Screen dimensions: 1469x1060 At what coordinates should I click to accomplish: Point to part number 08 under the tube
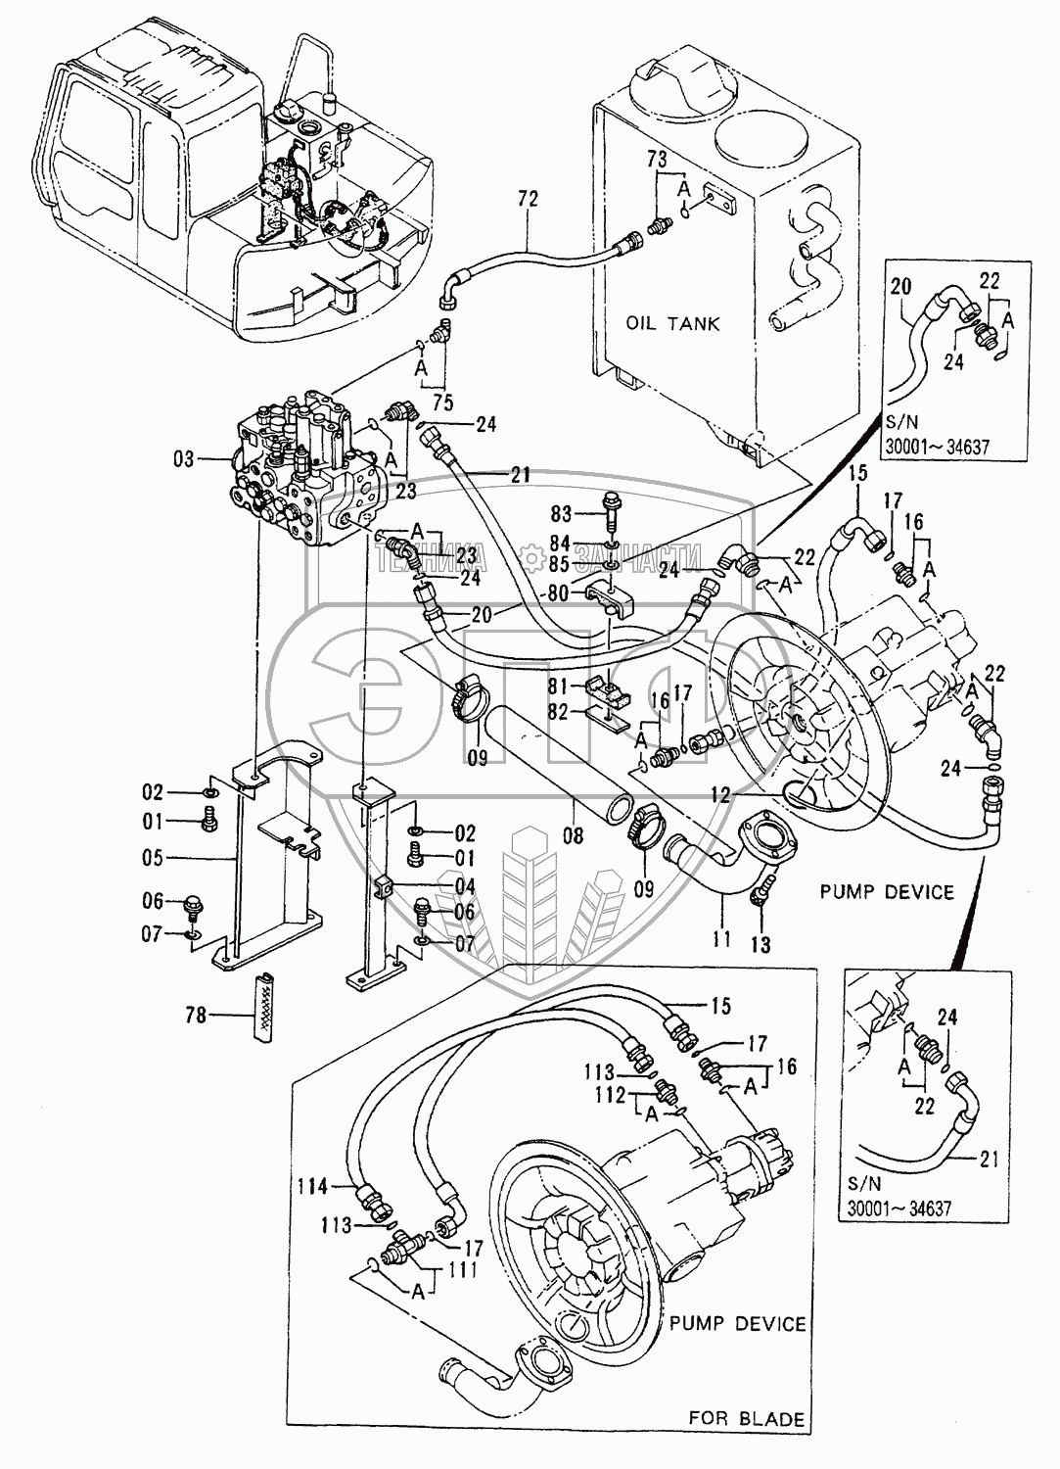pyautogui.click(x=573, y=835)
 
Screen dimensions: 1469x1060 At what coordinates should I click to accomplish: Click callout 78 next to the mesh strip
pyautogui.click(x=196, y=1016)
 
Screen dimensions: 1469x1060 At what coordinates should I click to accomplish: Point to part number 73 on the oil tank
pyautogui.click(x=656, y=160)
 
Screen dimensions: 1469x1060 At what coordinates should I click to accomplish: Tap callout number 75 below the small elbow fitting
pyautogui.click(x=443, y=402)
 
